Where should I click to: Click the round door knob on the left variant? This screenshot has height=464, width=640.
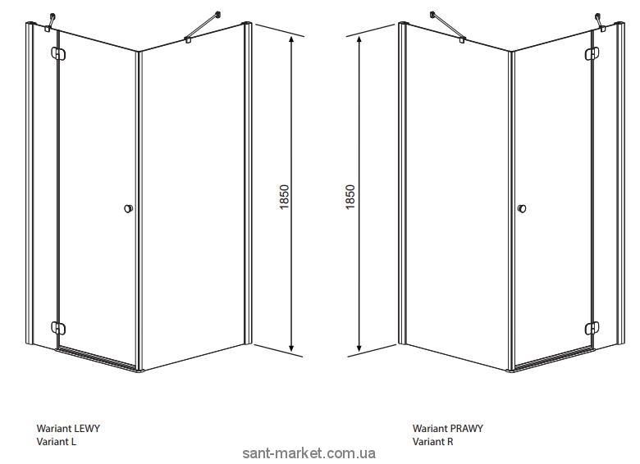pyautogui.click(x=128, y=208)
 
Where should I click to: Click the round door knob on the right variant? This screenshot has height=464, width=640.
pyautogui.click(x=521, y=208)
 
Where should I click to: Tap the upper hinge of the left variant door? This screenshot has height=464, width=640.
pyautogui.click(x=58, y=54)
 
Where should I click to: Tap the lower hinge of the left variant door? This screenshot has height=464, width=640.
pyautogui.click(x=58, y=328)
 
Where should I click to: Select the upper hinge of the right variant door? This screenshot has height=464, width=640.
pyautogui.click(x=592, y=54)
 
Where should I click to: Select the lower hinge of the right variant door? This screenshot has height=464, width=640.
pyautogui.click(x=592, y=328)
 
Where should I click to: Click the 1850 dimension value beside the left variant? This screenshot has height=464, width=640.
pyautogui.click(x=285, y=197)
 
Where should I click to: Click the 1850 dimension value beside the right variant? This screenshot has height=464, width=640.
pyautogui.click(x=350, y=197)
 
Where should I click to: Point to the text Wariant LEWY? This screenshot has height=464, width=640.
pyautogui.click(x=68, y=428)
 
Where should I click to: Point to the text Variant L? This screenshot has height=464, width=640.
pyautogui.click(x=57, y=441)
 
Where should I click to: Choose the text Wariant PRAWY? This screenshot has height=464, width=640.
pyautogui.click(x=448, y=428)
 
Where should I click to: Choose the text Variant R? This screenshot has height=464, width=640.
pyautogui.click(x=432, y=441)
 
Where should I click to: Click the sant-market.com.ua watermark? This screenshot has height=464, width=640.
pyautogui.click(x=309, y=453)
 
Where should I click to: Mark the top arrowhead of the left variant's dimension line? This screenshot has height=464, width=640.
pyautogui.click(x=291, y=39)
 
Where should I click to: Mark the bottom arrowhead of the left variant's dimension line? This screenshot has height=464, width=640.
pyautogui.click(x=291, y=347)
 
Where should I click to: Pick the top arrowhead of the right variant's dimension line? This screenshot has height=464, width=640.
pyautogui.click(x=359, y=39)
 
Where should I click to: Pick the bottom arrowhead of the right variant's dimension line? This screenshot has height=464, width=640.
pyautogui.click(x=359, y=347)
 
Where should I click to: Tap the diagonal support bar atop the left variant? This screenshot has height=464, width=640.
pyautogui.click(x=203, y=26)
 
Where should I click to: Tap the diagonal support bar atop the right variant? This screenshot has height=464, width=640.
pyautogui.click(x=448, y=26)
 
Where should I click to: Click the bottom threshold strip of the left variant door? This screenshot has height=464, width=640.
pyautogui.click(x=98, y=359)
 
